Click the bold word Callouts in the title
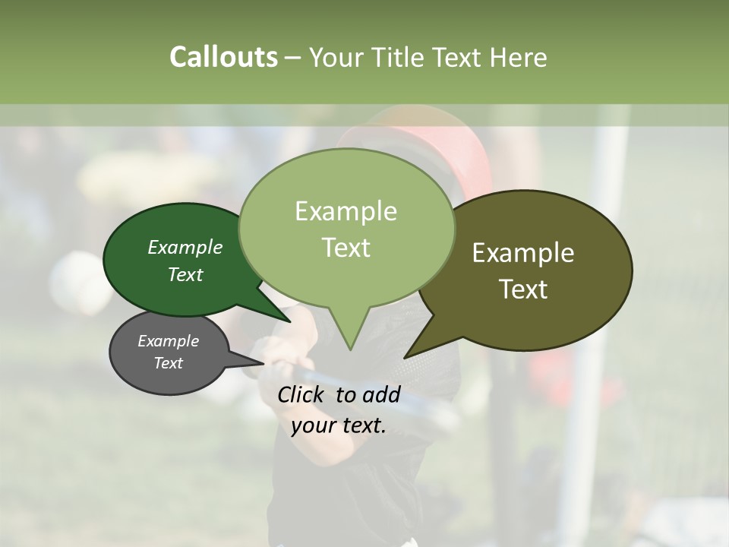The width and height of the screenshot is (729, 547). [x=223, y=57]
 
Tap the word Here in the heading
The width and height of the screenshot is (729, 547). [x=519, y=57]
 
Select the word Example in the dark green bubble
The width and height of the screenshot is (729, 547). [x=185, y=247]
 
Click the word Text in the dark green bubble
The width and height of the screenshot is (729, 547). [x=185, y=274]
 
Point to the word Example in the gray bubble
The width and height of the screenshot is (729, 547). [x=168, y=341]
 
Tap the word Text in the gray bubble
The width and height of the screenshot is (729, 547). [x=168, y=363]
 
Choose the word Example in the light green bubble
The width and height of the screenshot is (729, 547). [x=346, y=211]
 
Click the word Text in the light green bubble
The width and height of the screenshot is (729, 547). [x=346, y=248]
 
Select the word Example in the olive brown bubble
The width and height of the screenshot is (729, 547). [x=523, y=252]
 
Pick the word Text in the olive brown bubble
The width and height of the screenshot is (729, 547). [x=523, y=289]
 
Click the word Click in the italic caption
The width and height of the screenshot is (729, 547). [x=302, y=394]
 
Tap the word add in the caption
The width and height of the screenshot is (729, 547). [x=381, y=394]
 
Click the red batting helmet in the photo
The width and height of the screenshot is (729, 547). [x=456, y=148]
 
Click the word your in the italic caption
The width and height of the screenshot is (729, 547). [x=311, y=425]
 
